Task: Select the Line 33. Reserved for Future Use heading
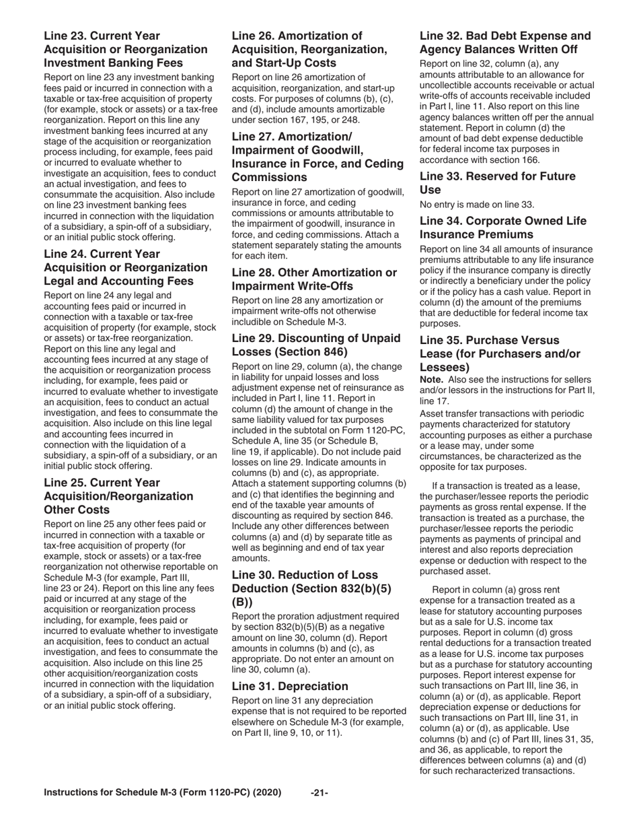pyautogui.click(x=497, y=183)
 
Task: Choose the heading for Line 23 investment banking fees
pyautogui.click(x=126, y=49)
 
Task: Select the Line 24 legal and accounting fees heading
pyautogui.click(x=126, y=267)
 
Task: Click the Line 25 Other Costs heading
pyautogui.click(x=118, y=496)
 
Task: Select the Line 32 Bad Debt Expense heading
pyautogui.click(x=505, y=42)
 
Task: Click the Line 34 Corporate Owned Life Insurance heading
pyautogui.click(x=502, y=228)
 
